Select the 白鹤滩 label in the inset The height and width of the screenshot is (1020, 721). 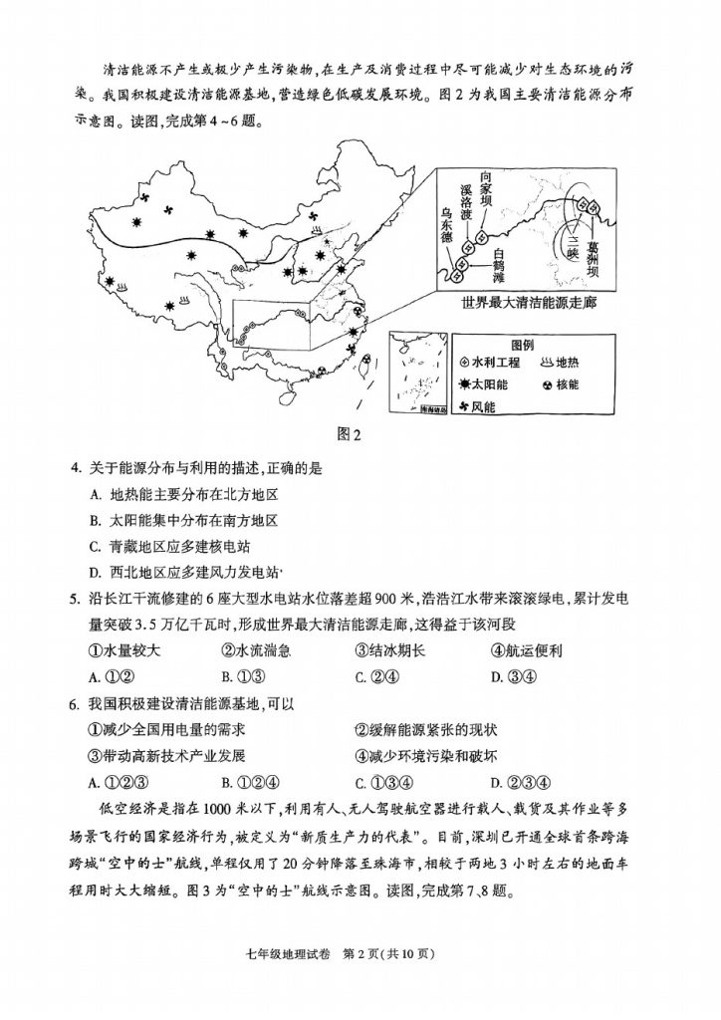(x=500, y=265)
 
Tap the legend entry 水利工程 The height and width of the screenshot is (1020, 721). (x=493, y=361)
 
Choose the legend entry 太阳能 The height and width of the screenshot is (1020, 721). (x=486, y=383)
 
